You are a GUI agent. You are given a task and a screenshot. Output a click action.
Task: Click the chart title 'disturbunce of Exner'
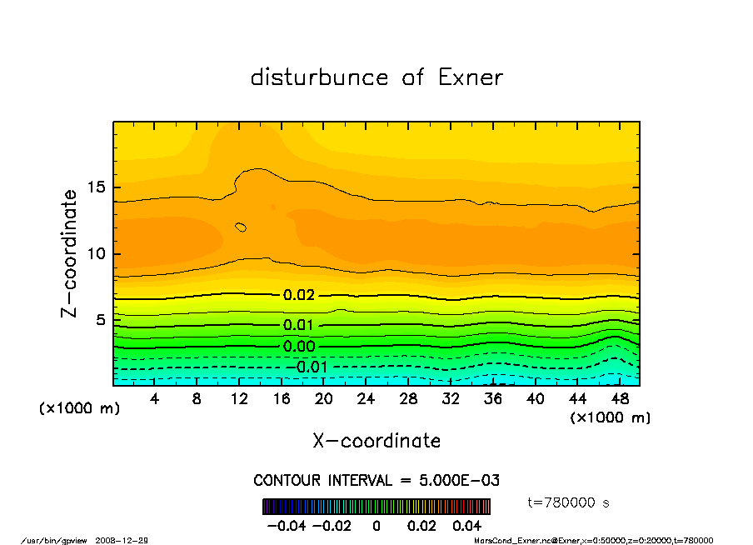(x=376, y=77)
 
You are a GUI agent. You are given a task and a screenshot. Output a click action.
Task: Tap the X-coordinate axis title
(x=376, y=441)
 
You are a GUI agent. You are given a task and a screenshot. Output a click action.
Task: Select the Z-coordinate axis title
(x=70, y=253)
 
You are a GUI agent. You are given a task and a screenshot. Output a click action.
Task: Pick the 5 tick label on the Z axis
(x=99, y=320)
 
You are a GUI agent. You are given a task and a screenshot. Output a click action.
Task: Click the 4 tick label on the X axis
(x=155, y=400)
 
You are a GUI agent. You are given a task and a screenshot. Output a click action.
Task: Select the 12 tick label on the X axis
(x=239, y=400)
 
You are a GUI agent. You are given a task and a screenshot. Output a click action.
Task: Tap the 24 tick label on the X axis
(x=366, y=400)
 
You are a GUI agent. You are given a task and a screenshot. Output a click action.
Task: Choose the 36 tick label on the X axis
(x=492, y=400)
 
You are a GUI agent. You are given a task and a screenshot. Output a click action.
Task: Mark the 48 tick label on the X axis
(x=619, y=400)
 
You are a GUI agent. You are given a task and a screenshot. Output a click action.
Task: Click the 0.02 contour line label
(x=299, y=295)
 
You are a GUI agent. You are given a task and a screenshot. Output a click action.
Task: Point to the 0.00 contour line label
(x=299, y=347)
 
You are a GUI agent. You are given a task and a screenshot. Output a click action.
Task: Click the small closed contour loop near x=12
(x=242, y=227)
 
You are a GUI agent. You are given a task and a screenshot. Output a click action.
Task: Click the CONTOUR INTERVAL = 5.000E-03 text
(x=376, y=481)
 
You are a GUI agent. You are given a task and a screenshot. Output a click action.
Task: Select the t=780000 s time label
(x=569, y=502)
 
